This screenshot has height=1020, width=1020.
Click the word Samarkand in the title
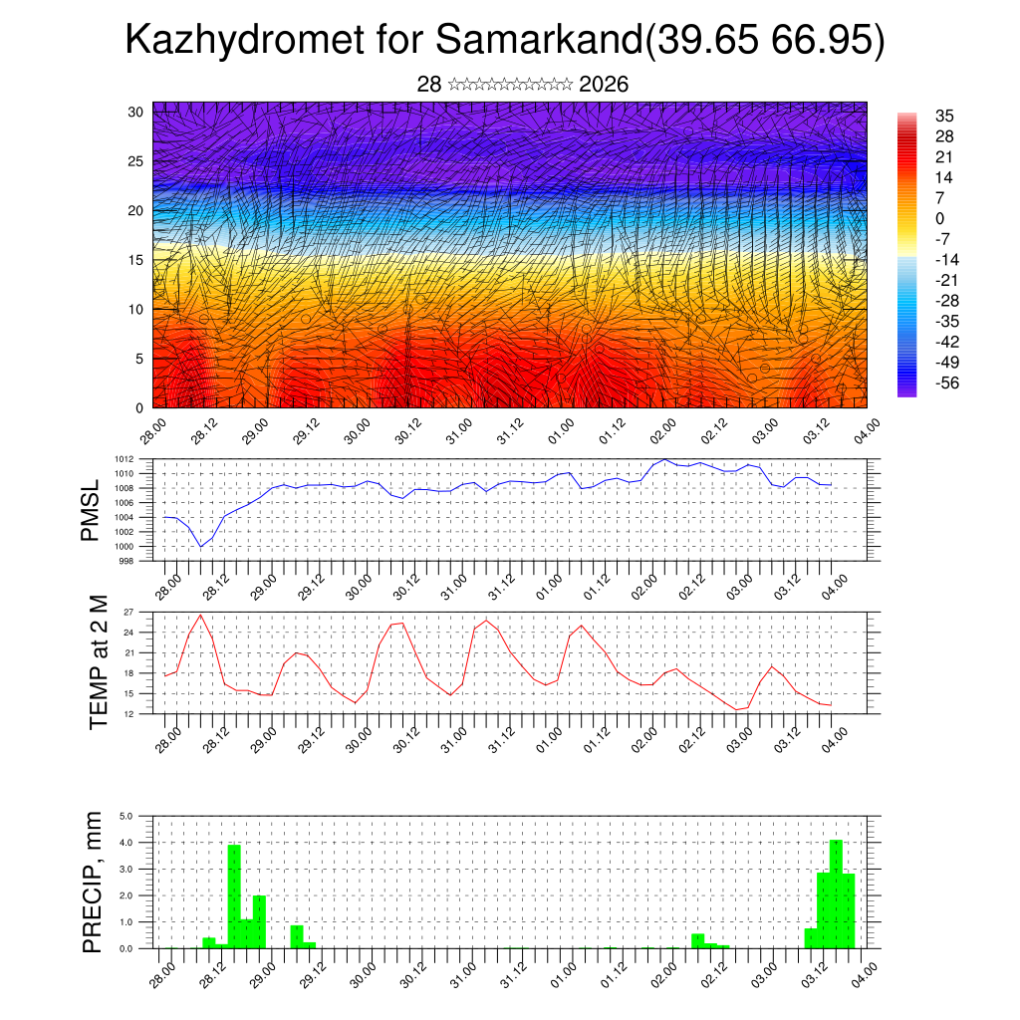point(539,42)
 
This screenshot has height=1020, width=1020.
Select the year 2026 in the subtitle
point(604,85)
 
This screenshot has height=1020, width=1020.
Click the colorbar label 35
point(944,116)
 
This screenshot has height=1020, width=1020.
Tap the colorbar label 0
point(939,218)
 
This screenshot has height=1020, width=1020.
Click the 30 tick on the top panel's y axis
point(135,112)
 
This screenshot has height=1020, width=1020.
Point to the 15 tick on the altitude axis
point(135,260)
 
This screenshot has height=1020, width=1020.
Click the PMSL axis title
point(92,510)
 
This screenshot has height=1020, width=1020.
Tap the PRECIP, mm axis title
point(93,882)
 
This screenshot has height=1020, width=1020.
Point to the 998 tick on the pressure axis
point(127,561)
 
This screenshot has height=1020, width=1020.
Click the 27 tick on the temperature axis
point(128,612)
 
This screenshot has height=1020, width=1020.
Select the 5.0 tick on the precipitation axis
point(127,816)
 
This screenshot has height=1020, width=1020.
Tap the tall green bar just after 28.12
point(234,895)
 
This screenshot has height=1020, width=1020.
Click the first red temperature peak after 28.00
point(200,615)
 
